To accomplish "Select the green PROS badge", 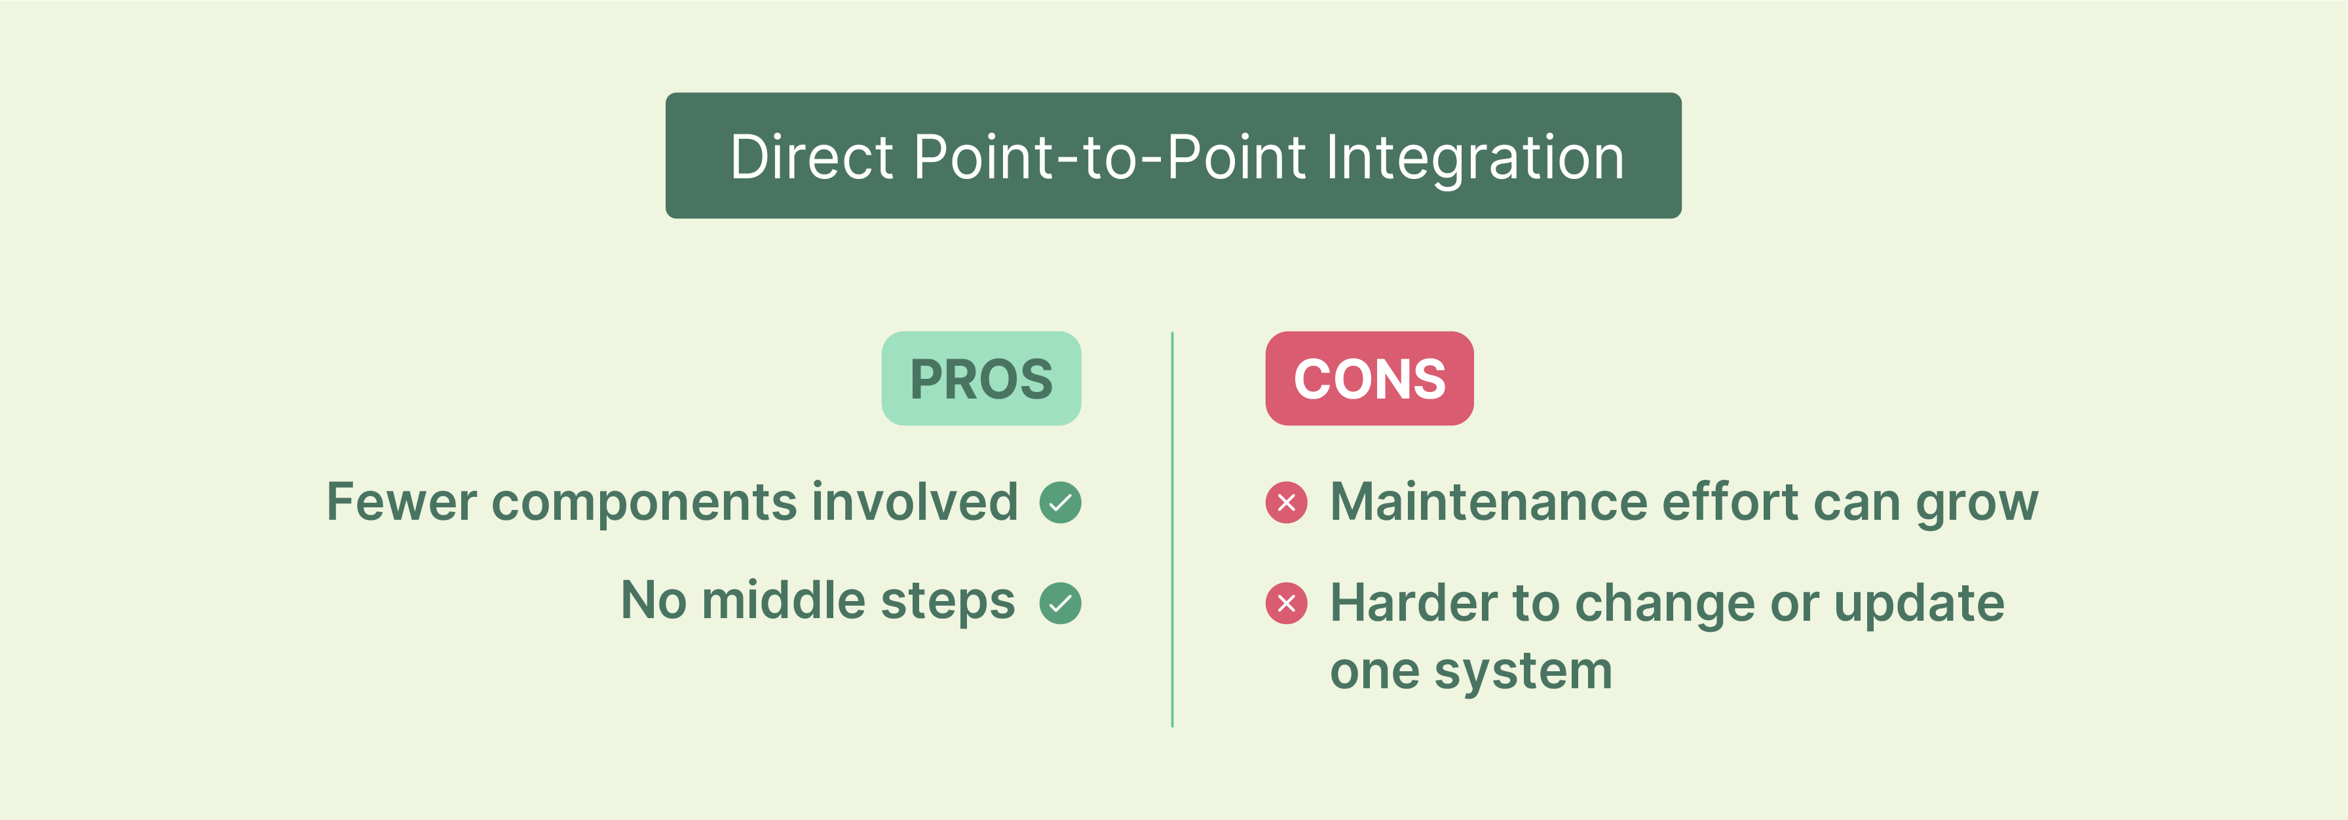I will [x=981, y=378].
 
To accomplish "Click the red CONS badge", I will [x=1369, y=378].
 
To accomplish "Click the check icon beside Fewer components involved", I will [x=1060, y=503].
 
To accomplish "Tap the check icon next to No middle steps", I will [x=1060, y=603].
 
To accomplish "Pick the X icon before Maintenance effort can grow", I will [x=1286, y=503].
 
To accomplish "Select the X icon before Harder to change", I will [x=1286, y=603].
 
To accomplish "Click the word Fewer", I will [x=401, y=503].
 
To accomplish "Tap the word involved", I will [x=914, y=503].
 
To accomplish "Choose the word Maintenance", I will [x=1488, y=503].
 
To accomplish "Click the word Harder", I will [x=1414, y=603].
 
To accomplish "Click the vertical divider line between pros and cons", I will [x=1172, y=529].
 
